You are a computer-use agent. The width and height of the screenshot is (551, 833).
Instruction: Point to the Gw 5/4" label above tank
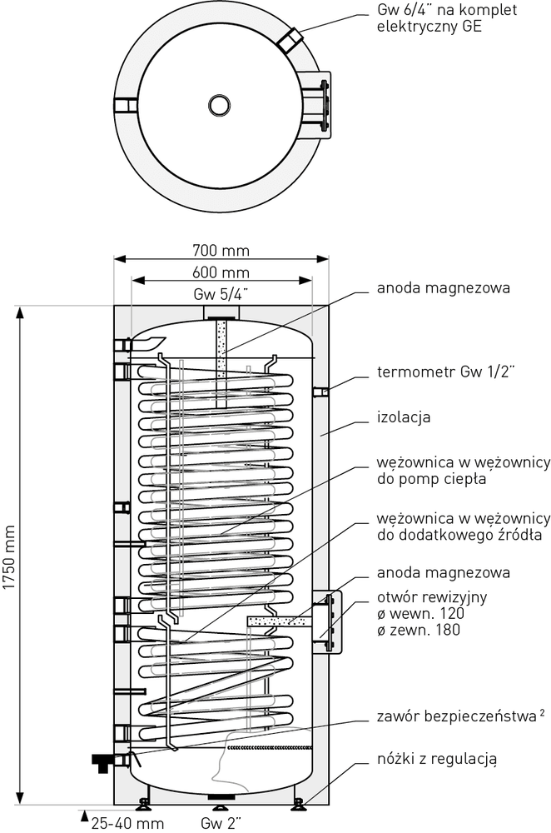point(221,294)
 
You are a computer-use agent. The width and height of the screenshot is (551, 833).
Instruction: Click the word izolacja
point(403,416)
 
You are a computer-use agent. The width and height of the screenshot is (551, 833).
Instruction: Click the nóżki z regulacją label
point(436,759)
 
